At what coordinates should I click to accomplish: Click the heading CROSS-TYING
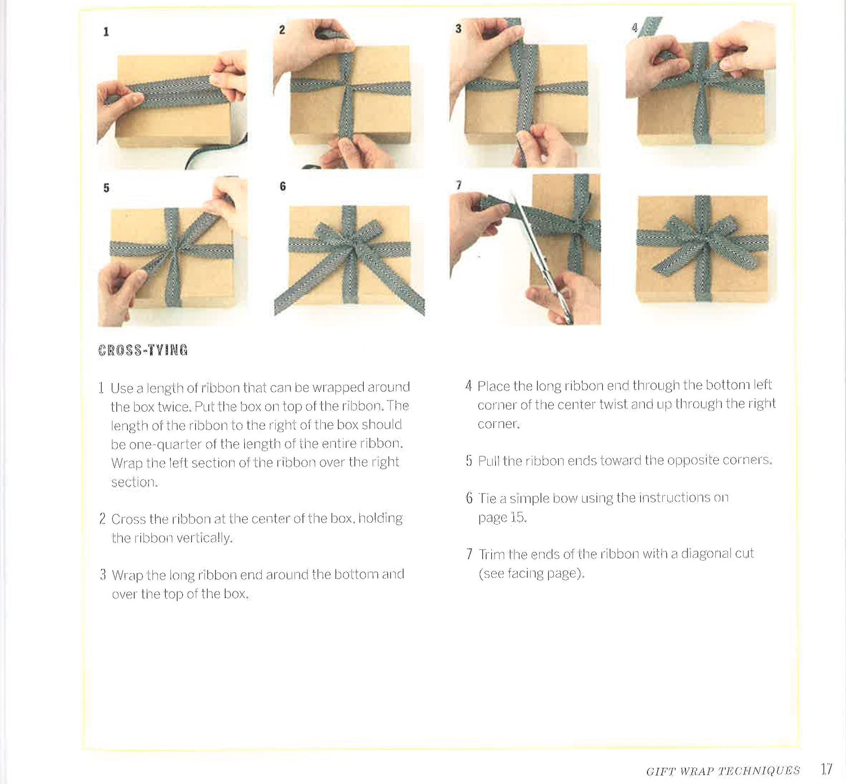pos(143,350)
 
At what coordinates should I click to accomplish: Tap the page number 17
pos(826,769)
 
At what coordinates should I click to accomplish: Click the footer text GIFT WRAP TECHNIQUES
pos(723,771)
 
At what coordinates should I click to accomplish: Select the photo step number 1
pos(106,32)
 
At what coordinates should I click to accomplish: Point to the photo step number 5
pos(106,188)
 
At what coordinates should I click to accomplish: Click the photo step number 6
pos(283,186)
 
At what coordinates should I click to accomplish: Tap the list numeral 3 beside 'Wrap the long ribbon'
pos(103,575)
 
